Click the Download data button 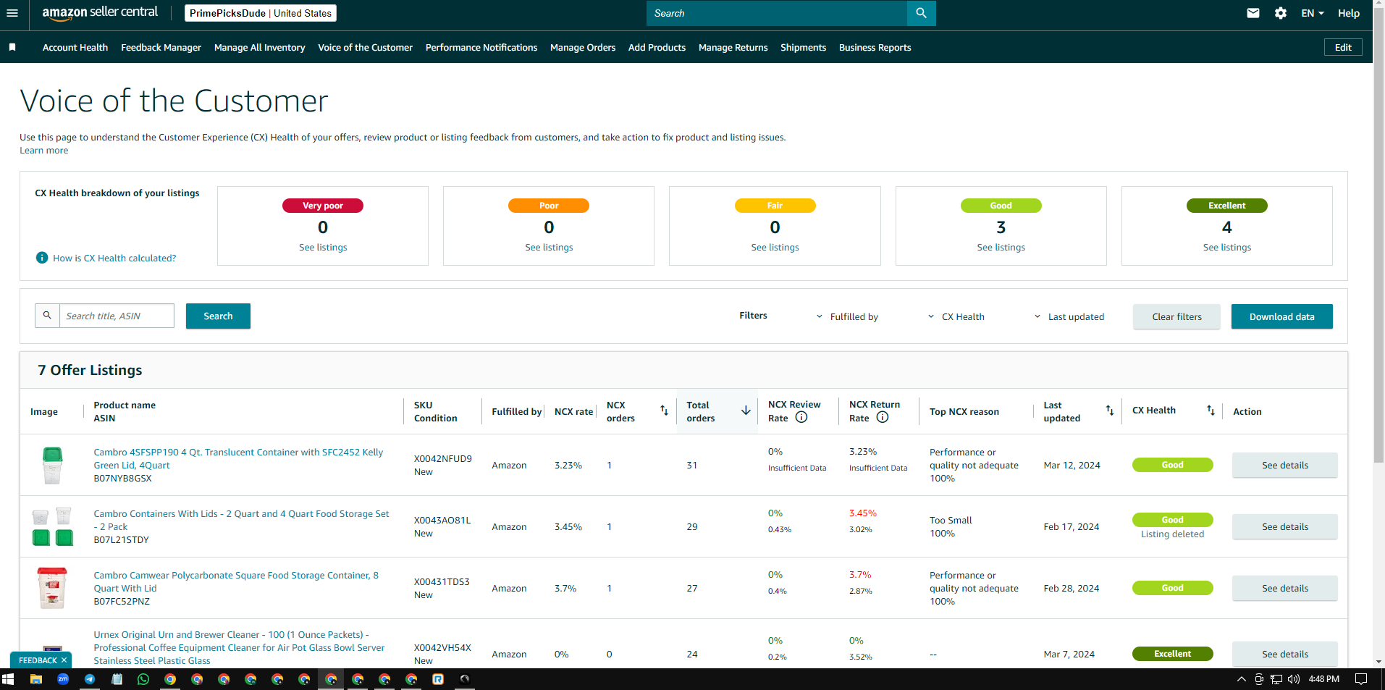(x=1281, y=316)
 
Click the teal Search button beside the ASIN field (x=218, y=316)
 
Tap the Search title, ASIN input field (x=117, y=316)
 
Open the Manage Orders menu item (x=583, y=48)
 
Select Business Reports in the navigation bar (x=875, y=48)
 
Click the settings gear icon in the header (x=1281, y=13)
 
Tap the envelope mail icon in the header (x=1253, y=13)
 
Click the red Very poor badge (x=323, y=206)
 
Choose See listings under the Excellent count (x=1227, y=248)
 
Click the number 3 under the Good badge (x=1001, y=227)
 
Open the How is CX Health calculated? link (x=114, y=258)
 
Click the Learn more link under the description (x=44, y=151)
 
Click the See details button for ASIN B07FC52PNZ (x=1285, y=588)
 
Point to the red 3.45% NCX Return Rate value (x=863, y=513)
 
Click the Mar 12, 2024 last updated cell (x=1072, y=466)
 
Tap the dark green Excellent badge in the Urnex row (x=1173, y=654)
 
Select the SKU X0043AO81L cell (x=442, y=521)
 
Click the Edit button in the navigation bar (x=1343, y=48)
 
